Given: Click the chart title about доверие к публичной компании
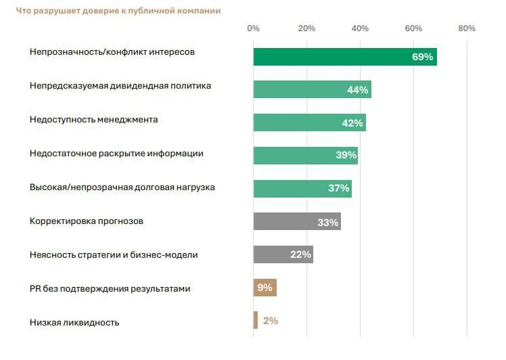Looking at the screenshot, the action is coord(118,11).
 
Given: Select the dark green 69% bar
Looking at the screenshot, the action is coord(345,57).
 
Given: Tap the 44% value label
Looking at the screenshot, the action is coord(358,90).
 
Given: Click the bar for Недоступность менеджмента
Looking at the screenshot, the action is coord(309,122).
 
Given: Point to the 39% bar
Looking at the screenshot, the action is coord(306,156).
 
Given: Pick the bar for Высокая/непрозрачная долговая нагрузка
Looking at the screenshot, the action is coord(302,189).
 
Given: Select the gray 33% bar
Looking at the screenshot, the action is coord(297,221).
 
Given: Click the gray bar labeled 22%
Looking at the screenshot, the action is coord(283,254).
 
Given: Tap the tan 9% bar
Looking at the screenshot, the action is coord(265,288).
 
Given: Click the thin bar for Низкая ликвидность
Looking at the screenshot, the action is coord(256,320).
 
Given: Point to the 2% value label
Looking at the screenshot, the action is coord(271,321).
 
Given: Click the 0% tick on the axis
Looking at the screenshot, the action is coord(253,28).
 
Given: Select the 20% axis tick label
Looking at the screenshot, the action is coord(306,28).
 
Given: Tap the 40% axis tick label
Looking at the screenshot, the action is coord(360,28).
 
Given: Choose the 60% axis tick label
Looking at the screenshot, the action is coord(413,28).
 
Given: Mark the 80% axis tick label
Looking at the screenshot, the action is coord(467,28).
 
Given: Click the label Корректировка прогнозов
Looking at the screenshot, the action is coord(87,221).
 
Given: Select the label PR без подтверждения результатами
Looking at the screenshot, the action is coord(110,289).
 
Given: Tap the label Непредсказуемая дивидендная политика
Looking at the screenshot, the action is coord(120,86).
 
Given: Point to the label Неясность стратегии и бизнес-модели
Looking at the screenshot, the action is coord(114,255).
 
